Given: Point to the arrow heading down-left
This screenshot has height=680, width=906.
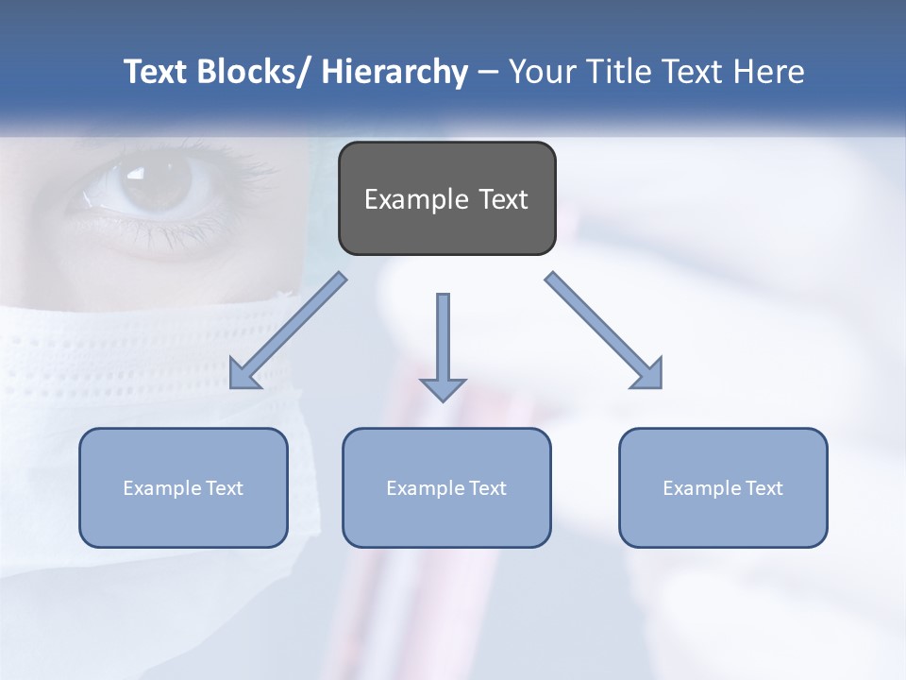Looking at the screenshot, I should tap(287, 331).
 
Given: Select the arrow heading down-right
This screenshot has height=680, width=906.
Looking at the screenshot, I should tap(604, 331).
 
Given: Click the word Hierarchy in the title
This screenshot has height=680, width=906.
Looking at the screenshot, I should tap(394, 72).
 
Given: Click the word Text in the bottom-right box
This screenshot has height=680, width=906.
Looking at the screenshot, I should tap(763, 488).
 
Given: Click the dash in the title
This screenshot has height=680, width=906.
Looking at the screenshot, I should tap(488, 73).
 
